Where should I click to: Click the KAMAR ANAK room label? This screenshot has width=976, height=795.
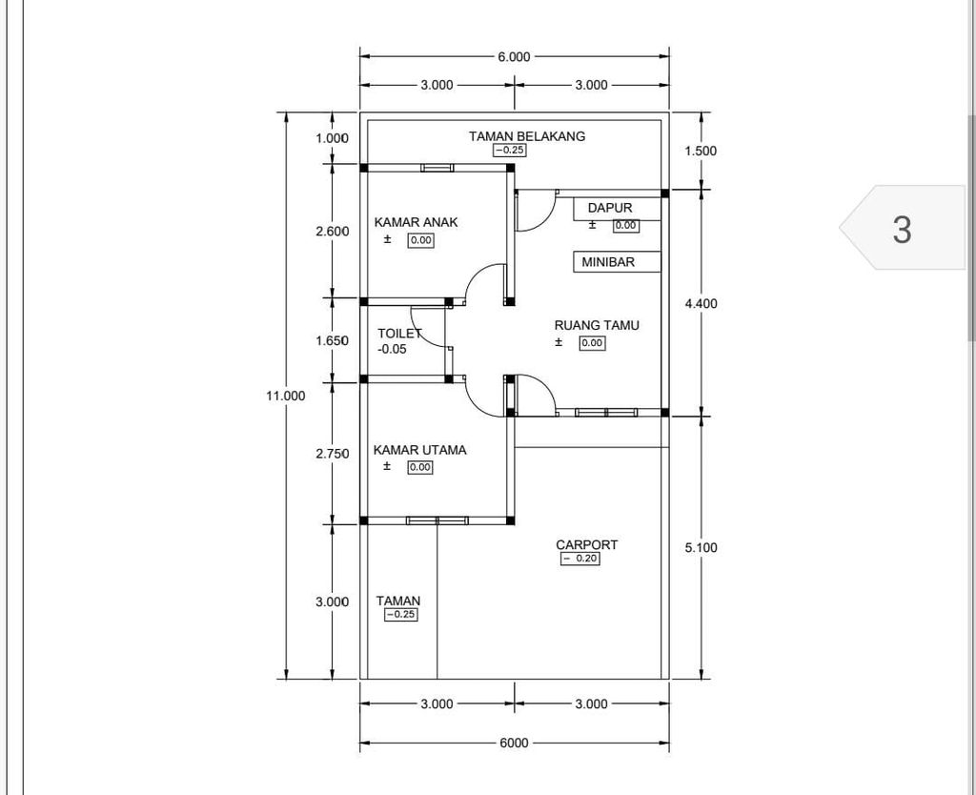pos(416,222)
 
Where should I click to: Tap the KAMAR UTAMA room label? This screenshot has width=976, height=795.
pos(419,450)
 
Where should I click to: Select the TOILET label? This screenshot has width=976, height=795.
pos(399,334)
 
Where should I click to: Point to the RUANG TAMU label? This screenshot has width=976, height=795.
pos(597,325)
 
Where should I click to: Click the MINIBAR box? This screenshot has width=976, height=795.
pos(617,261)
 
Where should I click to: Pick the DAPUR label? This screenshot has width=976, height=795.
pos(610,208)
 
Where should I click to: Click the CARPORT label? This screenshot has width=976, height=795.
pos(586,544)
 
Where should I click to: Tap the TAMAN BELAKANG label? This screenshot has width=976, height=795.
pos(527,136)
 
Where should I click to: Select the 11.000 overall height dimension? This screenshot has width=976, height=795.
pos(286,396)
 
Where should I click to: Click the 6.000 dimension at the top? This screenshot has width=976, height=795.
pos(514,56)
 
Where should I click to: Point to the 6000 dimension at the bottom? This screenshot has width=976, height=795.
pos(514,743)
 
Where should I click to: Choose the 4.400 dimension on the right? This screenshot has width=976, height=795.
pos(701,303)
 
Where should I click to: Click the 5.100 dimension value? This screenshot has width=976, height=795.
pos(701,547)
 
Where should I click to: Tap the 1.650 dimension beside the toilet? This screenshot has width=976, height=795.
pos(332,340)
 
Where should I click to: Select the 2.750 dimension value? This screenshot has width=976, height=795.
pos(332,454)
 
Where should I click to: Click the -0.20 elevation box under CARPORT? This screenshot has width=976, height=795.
pos(580,559)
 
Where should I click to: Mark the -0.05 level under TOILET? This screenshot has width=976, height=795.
pos(392,349)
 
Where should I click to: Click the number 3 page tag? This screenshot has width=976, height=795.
pos(902,229)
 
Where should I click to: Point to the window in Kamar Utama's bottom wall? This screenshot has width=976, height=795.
pos(437,520)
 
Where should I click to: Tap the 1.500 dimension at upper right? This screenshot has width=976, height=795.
pos(701,151)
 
